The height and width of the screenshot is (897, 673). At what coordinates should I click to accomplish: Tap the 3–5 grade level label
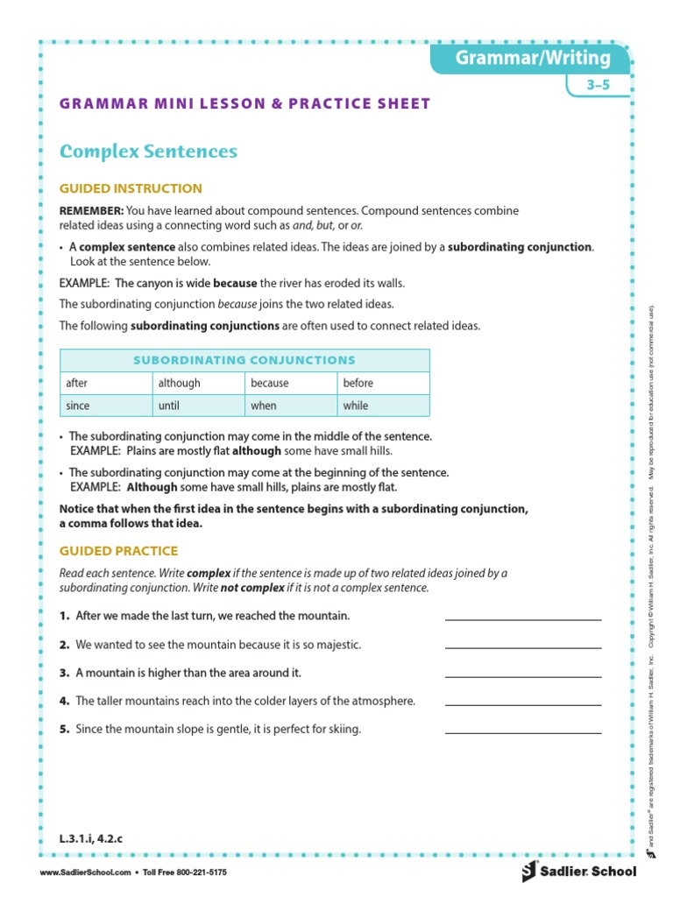pos(604,86)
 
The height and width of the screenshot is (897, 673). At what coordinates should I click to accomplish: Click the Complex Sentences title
pos(148,152)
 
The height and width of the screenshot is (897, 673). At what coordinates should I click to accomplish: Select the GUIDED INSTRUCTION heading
pos(131,188)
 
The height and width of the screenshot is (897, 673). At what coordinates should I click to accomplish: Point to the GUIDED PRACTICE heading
pos(118,551)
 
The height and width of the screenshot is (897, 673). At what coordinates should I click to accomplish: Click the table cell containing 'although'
pos(198,383)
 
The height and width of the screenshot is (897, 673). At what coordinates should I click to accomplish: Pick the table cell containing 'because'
pos(291,383)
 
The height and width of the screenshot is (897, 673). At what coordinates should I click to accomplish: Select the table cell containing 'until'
pos(198,406)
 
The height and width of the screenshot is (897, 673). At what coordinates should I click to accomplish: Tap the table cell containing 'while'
pos(383,406)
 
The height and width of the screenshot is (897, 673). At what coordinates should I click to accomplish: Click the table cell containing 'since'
pos(105,406)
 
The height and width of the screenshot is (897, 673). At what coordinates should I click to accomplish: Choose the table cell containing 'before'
pos(383,383)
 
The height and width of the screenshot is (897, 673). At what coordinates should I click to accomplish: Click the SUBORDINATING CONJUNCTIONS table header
pos(244,360)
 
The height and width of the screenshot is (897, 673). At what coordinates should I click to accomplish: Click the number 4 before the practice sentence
pos(64,701)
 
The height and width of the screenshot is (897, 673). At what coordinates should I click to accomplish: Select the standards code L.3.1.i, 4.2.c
pos(91,839)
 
